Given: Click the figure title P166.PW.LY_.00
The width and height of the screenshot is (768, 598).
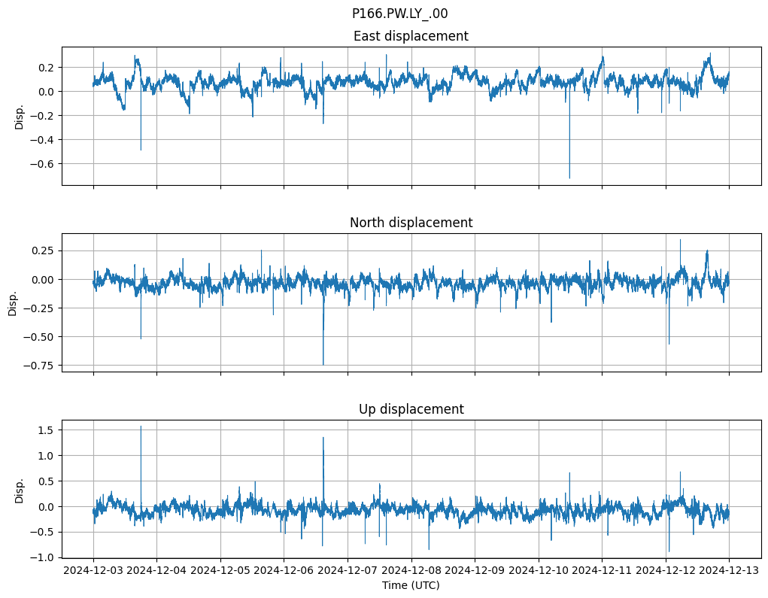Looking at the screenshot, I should click(x=399, y=14).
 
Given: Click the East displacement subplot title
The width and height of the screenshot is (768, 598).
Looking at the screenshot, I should click(x=411, y=36).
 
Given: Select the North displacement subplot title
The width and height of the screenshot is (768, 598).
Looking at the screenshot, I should click(x=411, y=223).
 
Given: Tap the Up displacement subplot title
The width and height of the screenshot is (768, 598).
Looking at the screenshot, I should click(x=411, y=409).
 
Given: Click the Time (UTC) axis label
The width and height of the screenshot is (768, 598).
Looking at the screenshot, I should click(x=411, y=584).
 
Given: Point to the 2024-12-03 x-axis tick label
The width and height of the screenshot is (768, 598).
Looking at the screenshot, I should click(x=93, y=570).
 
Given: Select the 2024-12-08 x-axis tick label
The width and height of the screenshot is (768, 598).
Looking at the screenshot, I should click(x=411, y=570).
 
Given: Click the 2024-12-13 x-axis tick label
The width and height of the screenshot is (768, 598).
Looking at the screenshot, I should click(x=729, y=570).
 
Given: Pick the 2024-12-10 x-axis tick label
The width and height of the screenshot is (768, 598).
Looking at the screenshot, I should click(x=539, y=570).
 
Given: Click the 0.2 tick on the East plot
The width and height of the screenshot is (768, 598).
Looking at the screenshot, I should click(x=46, y=68).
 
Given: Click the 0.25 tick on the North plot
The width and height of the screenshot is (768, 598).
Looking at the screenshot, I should click(x=42, y=250).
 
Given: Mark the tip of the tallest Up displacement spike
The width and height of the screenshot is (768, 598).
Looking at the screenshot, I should click(x=141, y=426).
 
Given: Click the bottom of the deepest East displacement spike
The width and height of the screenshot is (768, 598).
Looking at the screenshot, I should click(x=569, y=178).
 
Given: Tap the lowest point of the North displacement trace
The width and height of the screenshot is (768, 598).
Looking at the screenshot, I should click(x=323, y=365).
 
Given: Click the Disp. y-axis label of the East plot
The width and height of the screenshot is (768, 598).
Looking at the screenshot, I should click(x=20, y=117).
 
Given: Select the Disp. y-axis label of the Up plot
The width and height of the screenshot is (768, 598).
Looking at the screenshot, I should click(x=20, y=490).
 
